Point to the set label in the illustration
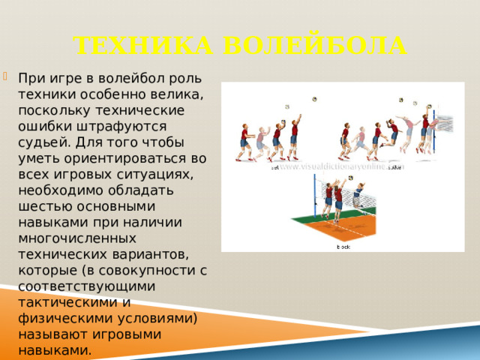pyautogui.click(x=274, y=168)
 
